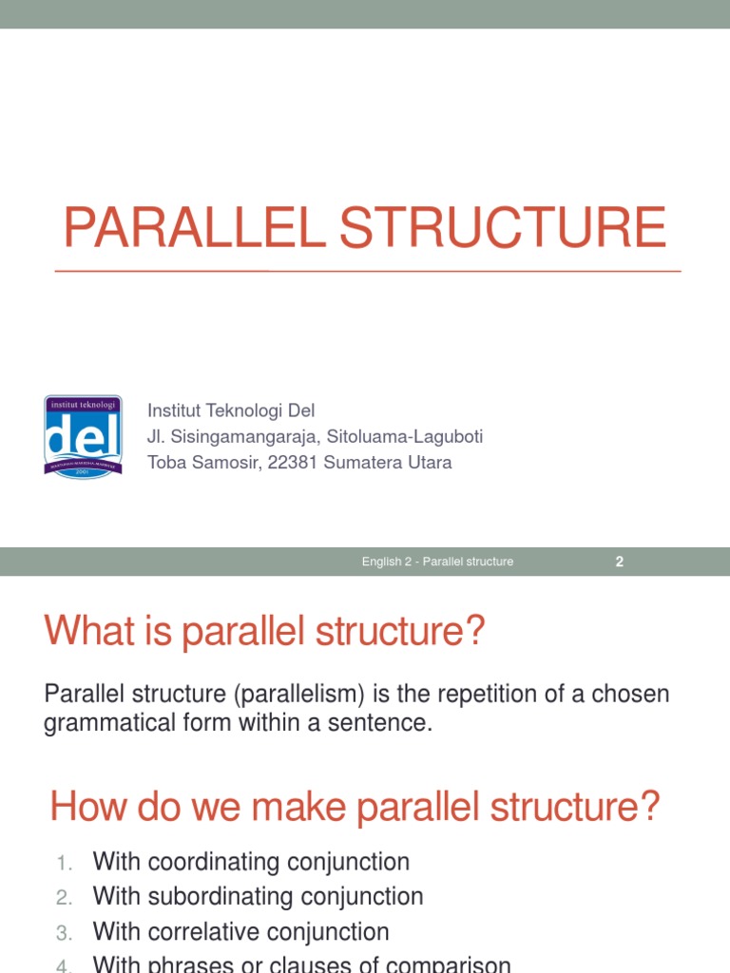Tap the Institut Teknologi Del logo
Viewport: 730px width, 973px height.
coord(84,437)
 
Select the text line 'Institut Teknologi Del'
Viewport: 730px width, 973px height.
coord(230,410)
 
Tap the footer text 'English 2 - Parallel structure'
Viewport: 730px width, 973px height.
coord(437,562)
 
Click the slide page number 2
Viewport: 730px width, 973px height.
coord(620,562)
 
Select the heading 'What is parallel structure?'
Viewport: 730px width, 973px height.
coord(264,630)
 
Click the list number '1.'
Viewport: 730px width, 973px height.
coord(64,864)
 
